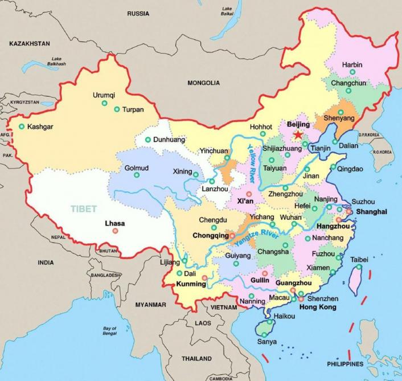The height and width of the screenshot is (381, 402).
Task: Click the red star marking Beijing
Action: [297, 135]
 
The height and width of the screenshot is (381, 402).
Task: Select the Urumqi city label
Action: [104, 95]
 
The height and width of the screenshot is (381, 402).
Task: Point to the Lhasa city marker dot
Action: [116, 231]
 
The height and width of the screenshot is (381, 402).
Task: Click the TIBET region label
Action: [84, 208]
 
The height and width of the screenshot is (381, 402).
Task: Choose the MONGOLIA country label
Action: [203, 83]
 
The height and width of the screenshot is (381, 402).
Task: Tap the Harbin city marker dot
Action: [352, 72]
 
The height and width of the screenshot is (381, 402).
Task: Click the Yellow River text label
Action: [252, 163]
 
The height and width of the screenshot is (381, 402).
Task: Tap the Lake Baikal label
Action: [227, 11]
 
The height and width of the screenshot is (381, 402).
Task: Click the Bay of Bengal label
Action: [110, 331]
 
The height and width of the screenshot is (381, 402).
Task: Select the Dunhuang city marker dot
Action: [148, 140]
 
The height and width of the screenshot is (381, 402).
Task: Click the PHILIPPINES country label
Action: [345, 363]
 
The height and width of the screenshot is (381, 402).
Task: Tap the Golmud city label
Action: [136, 168]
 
